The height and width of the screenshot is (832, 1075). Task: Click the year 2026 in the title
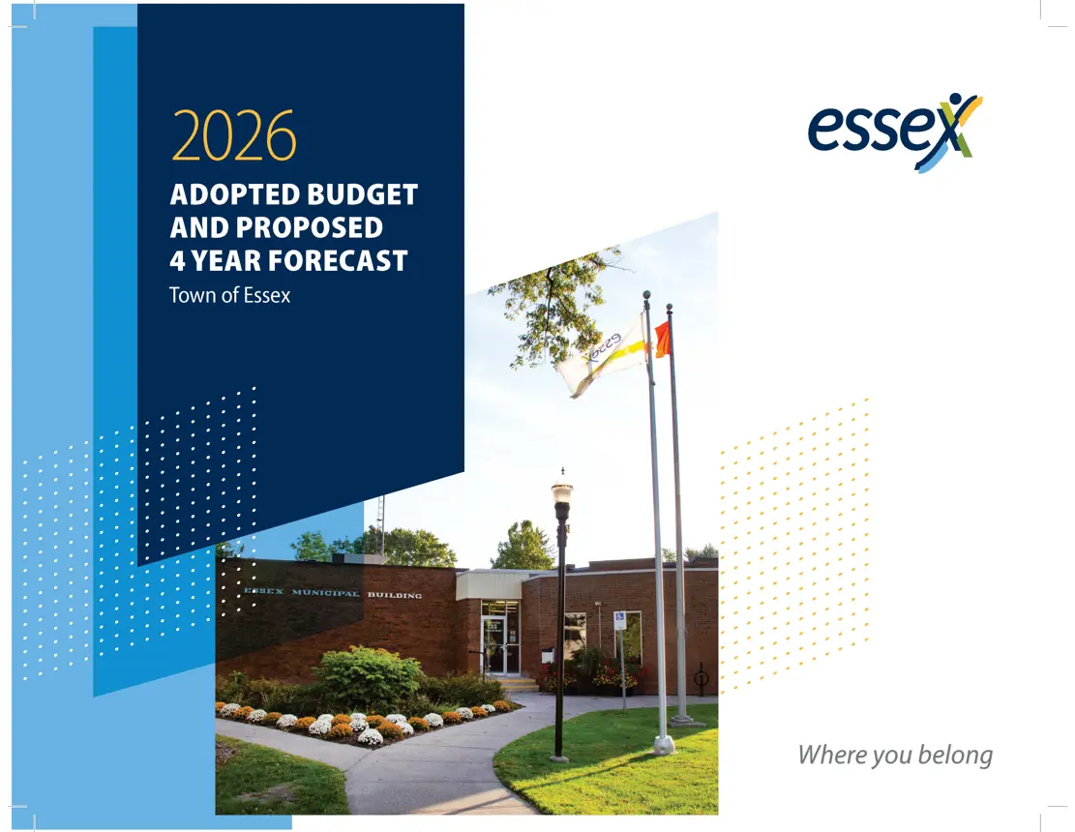(233, 137)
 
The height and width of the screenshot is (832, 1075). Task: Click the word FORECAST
(335, 260)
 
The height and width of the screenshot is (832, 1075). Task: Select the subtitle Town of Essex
(229, 295)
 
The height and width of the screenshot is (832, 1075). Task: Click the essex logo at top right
(894, 131)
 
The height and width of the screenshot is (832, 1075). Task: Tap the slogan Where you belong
(895, 755)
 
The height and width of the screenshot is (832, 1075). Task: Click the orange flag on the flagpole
(663, 340)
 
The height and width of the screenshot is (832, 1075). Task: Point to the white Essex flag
(602, 356)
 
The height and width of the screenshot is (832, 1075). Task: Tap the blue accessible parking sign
(619, 621)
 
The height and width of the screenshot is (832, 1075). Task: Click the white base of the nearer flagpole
(664, 744)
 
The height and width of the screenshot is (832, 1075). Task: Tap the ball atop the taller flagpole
(646, 294)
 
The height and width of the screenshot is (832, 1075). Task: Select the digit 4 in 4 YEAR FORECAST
(177, 260)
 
